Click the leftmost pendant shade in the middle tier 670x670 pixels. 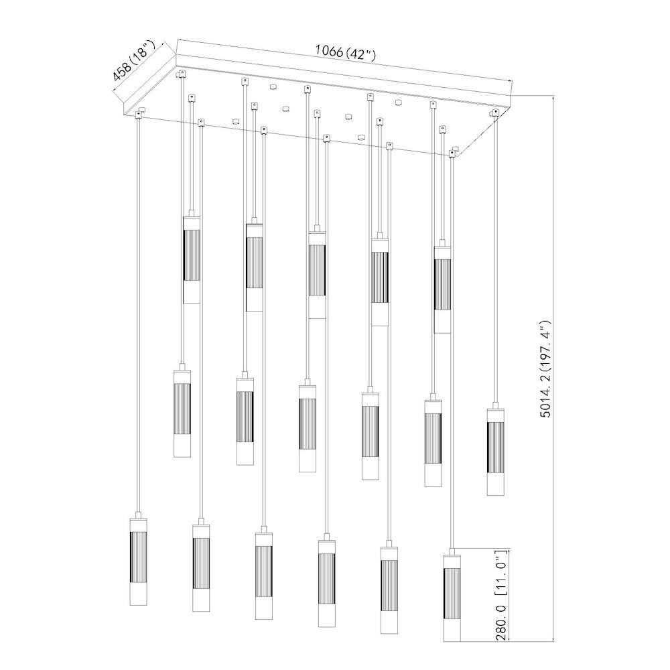point(182,411)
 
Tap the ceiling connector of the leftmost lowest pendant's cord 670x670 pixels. point(139,112)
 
